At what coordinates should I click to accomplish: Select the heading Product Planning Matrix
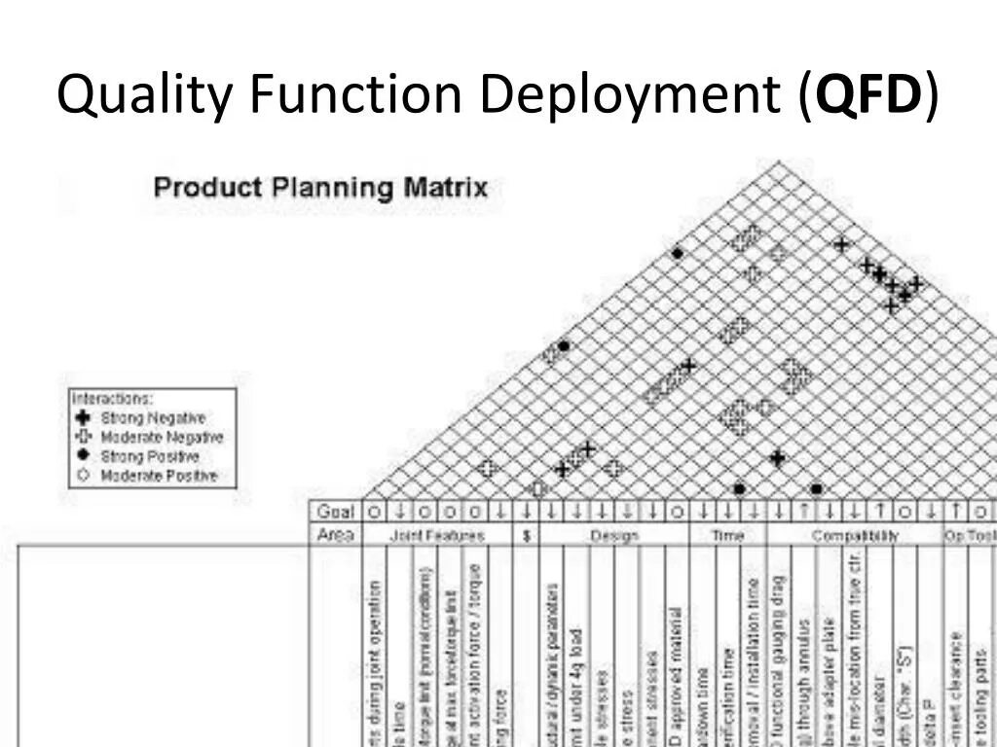point(320,187)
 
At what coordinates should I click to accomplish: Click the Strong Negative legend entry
point(153,418)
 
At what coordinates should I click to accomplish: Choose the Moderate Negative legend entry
point(162,438)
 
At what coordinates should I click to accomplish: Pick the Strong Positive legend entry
point(150,456)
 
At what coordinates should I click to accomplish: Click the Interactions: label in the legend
point(112,399)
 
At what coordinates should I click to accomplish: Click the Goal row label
point(335,512)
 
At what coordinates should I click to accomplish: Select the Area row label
point(335,535)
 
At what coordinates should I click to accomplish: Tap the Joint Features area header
point(436,536)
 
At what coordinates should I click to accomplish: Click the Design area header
point(614,536)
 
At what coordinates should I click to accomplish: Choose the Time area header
point(727,536)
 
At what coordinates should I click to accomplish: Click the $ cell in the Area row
point(526,536)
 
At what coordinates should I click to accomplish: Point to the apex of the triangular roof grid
point(778,163)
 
